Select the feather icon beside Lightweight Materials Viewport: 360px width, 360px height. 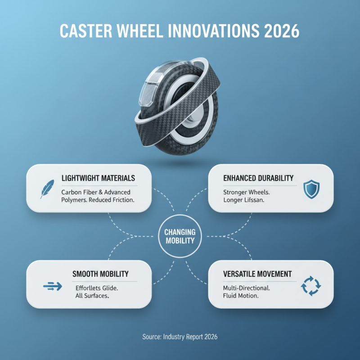pos(46,189)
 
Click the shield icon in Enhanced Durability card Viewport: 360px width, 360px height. pos(311,189)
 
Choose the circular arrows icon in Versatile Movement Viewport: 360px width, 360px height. pos(310,285)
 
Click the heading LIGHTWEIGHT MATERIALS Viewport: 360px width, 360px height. pos(98,178)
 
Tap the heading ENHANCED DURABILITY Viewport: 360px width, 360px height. pos(258,178)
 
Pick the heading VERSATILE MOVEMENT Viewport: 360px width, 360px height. pos(257,274)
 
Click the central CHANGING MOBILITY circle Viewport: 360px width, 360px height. pos(180,236)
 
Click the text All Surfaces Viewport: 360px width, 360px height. pos(93,297)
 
